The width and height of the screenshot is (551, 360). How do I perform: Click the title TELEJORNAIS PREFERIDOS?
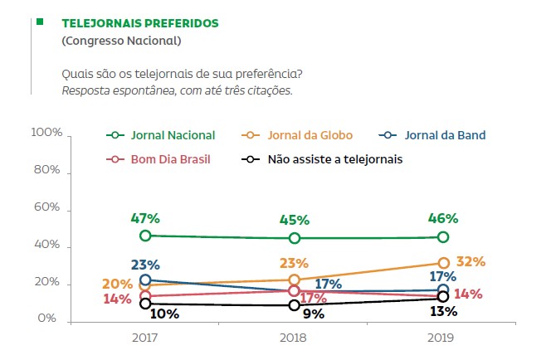pos(140,23)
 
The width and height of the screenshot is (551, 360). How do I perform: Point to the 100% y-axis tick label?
pos(46,133)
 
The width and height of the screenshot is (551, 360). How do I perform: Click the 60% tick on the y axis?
pos(49,208)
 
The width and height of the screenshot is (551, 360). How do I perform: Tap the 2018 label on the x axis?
pos(294,339)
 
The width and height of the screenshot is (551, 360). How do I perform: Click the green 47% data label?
pos(145,219)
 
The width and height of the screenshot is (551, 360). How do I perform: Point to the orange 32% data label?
pos(471,262)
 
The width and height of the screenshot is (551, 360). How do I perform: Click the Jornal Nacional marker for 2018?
pos(294,238)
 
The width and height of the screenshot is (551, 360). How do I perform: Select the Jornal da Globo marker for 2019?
pos(443,263)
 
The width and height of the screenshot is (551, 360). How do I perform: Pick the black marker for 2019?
pos(443,297)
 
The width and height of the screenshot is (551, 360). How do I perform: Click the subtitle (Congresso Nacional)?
pos(121,41)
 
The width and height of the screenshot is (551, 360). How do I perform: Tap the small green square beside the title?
pos(40,22)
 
